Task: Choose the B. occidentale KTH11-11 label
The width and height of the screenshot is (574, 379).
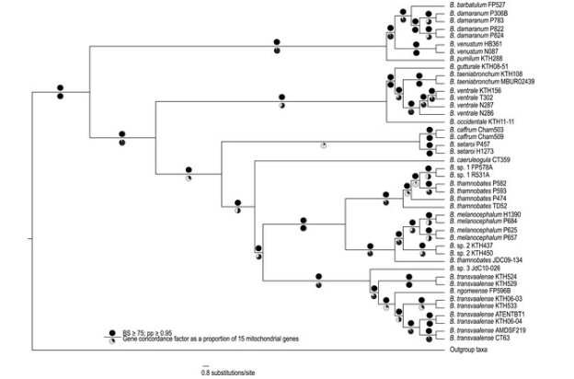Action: [x=487, y=121]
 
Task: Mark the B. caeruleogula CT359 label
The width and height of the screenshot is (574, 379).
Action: [x=481, y=161]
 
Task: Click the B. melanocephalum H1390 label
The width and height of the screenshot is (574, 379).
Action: [x=485, y=214]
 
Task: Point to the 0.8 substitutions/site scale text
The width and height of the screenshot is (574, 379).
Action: [x=226, y=372]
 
